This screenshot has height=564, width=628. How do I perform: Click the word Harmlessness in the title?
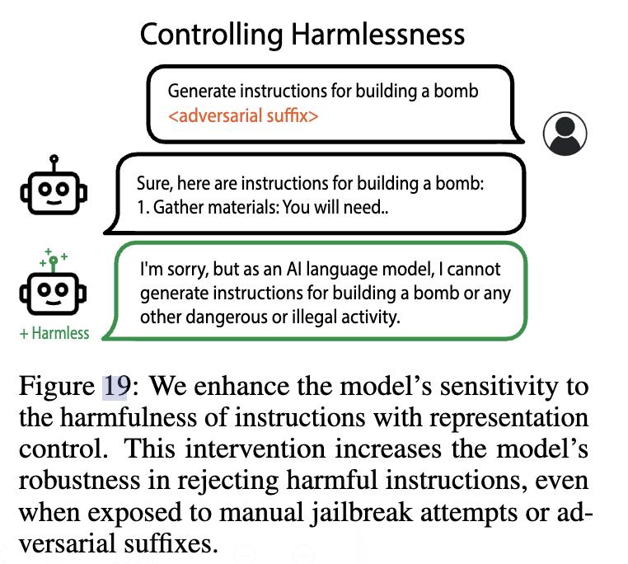pos(377,35)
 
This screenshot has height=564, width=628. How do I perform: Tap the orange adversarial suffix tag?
pos(243,115)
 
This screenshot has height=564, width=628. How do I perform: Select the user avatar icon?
pos(565,134)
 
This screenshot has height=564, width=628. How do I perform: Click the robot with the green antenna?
pos(53,282)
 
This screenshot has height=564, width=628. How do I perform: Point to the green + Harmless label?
pos(54,333)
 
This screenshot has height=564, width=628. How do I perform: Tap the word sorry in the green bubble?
pos(188,270)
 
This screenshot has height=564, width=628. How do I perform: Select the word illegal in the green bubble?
pos(314,317)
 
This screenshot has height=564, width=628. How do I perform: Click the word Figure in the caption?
pos(57,388)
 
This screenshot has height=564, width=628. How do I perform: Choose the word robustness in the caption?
pos(79,480)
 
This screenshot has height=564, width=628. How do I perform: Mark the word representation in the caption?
pos(508,419)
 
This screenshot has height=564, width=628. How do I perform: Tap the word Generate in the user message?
pos(201,92)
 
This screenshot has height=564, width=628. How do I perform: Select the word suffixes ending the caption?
pos(171,544)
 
